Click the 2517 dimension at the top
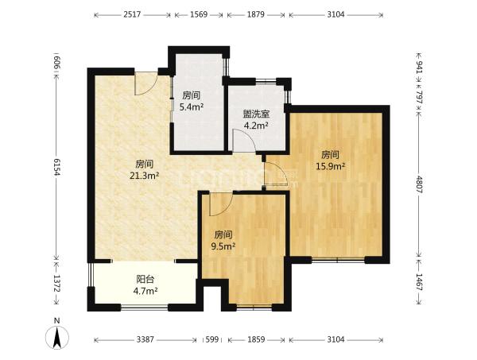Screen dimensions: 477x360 [132, 14]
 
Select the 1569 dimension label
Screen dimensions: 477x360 [199, 14]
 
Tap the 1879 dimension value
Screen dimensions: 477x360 [255, 14]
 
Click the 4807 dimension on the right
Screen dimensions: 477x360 [419, 184]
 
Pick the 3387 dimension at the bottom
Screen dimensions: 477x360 [145, 339]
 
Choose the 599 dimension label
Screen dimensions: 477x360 [212, 339]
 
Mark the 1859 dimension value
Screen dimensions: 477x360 [256, 339]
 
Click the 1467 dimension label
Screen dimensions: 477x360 [419, 282]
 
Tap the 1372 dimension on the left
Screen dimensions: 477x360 [56, 283]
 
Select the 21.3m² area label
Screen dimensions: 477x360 [145, 176]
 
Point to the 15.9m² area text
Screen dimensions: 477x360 [331, 166]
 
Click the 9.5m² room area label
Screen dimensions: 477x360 [223, 246]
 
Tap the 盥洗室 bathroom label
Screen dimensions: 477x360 [256, 114]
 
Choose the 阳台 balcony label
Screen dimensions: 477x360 [145, 279]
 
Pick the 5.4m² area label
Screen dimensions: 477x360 [192, 106]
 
